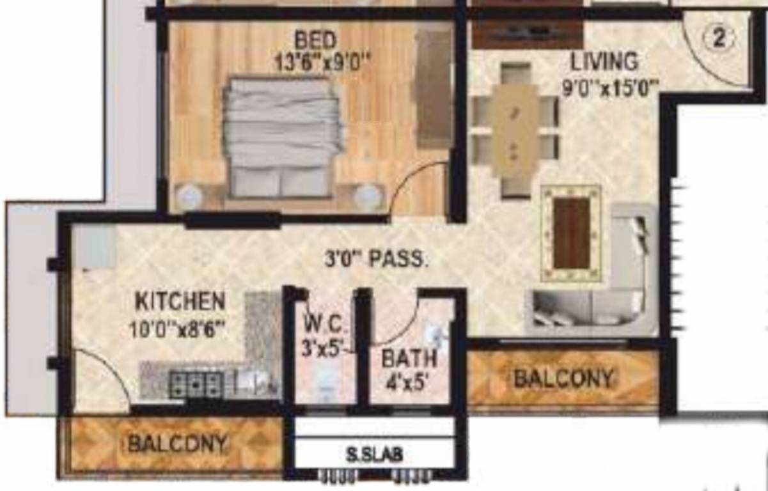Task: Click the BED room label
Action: pyautogui.click(x=315, y=40)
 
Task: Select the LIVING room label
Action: pyautogui.click(x=604, y=62)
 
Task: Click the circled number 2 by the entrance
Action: pyautogui.click(x=718, y=38)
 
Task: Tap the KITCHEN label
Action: pyautogui.click(x=180, y=300)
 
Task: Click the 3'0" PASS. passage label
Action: pyautogui.click(x=375, y=260)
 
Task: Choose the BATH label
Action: pyautogui.click(x=409, y=359)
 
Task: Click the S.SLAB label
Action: pyautogui.click(x=375, y=455)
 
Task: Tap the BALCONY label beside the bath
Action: pyautogui.click(x=563, y=379)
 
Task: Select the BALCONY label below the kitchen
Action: pyautogui.click(x=177, y=443)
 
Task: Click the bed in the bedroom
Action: pyautogui.click(x=281, y=137)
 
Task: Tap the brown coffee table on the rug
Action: pyautogui.click(x=571, y=233)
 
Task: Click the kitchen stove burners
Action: pyautogui.click(x=195, y=384)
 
